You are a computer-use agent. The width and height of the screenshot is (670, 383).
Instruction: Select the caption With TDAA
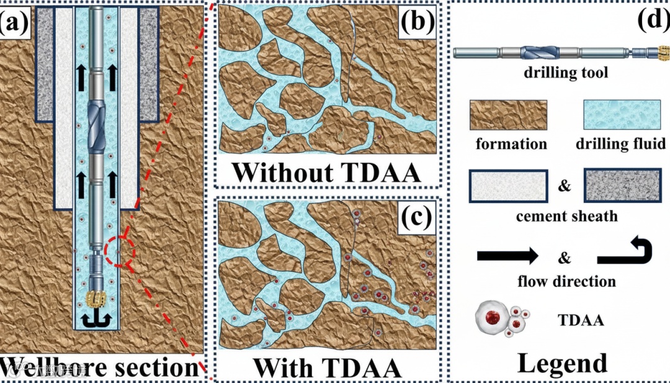tap(326, 367)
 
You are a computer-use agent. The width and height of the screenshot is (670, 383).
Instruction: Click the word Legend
tap(562, 363)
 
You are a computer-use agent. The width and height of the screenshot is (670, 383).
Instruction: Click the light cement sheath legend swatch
tap(509, 186)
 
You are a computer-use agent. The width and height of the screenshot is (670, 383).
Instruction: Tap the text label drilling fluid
tap(620, 145)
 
